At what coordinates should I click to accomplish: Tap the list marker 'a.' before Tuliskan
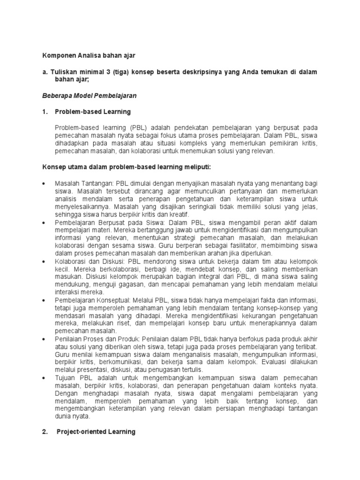(45, 72)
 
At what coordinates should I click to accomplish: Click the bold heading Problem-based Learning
(93, 112)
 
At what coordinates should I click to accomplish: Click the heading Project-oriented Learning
(96, 432)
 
